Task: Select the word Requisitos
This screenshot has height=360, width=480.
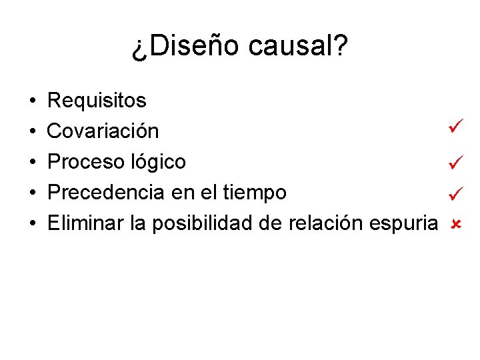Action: click(97, 101)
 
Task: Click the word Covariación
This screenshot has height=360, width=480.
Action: click(103, 131)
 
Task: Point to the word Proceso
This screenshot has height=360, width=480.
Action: click(85, 162)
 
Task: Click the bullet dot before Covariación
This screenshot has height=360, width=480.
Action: click(33, 132)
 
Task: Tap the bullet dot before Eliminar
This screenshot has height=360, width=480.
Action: click(33, 224)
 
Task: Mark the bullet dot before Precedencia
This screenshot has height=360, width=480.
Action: click(33, 193)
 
